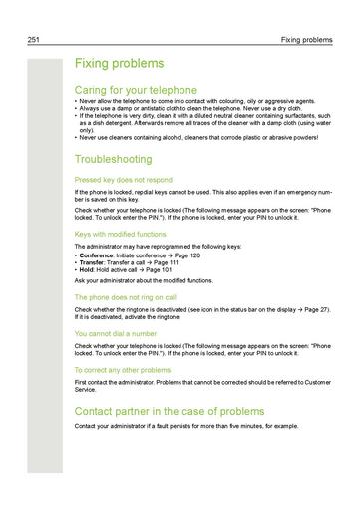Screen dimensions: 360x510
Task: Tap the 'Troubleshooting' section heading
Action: pos(113,159)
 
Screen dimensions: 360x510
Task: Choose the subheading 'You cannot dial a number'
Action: pos(114,333)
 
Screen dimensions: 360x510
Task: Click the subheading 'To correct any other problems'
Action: pos(123,369)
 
